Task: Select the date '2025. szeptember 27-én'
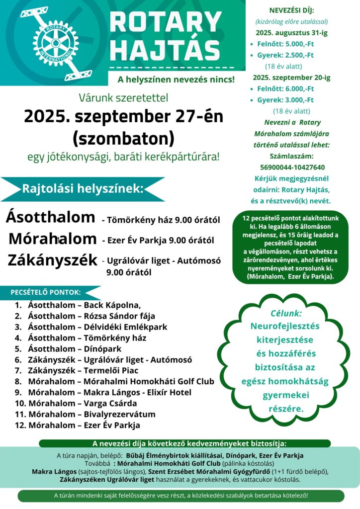coord(124,116)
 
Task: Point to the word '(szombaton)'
coord(123,137)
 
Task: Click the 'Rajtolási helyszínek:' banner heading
coord(83,189)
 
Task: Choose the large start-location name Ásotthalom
coord(50,217)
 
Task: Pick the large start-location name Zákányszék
coord(52,260)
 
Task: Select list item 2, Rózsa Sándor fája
coord(91,316)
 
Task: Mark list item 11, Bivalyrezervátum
coord(92,414)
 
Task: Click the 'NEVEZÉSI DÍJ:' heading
coord(291,10)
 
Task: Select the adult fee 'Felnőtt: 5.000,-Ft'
coord(285,44)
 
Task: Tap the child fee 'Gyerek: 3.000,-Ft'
coord(285,100)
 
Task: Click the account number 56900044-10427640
coord(292,167)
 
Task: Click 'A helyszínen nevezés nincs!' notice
coord(176,79)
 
